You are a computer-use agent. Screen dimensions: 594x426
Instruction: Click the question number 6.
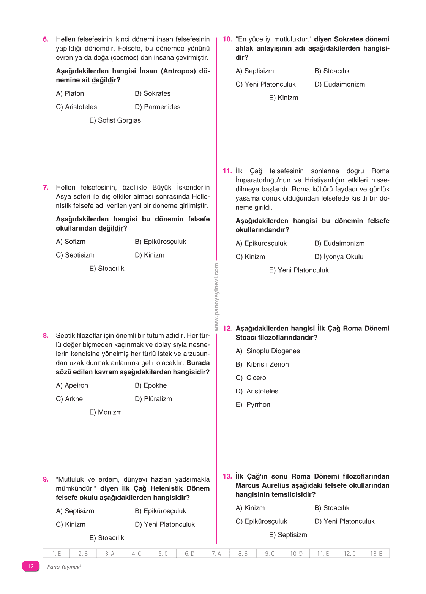(46, 39)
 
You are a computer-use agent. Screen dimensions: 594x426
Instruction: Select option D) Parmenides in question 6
(158, 107)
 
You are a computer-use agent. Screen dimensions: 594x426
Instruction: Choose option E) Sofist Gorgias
(115, 120)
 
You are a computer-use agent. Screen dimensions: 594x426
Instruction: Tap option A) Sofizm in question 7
(71, 242)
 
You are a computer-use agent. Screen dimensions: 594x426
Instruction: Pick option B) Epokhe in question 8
(151, 385)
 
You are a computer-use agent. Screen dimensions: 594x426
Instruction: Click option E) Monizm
(106, 412)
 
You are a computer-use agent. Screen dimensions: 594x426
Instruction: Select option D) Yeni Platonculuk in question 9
(165, 524)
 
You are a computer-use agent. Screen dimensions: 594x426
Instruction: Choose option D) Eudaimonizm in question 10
(339, 84)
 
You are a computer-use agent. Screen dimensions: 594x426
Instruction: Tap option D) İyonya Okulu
(339, 257)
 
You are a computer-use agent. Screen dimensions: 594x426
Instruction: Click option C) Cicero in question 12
(251, 378)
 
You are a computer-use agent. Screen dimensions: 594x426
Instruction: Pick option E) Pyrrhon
(253, 405)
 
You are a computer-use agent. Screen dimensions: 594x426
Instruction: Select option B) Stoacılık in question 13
(332, 508)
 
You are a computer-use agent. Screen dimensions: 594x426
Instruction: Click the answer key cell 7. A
(216, 554)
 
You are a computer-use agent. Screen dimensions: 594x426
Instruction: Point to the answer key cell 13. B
(376, 554)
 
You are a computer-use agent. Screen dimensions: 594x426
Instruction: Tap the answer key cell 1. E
(57, 554)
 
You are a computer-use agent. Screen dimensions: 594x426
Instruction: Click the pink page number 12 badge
(31, 566)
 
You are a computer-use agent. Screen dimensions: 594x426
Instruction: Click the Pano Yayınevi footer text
(64, 567)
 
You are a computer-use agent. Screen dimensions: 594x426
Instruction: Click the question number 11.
(227, 171)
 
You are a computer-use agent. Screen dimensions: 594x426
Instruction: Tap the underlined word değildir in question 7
(111, 228)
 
